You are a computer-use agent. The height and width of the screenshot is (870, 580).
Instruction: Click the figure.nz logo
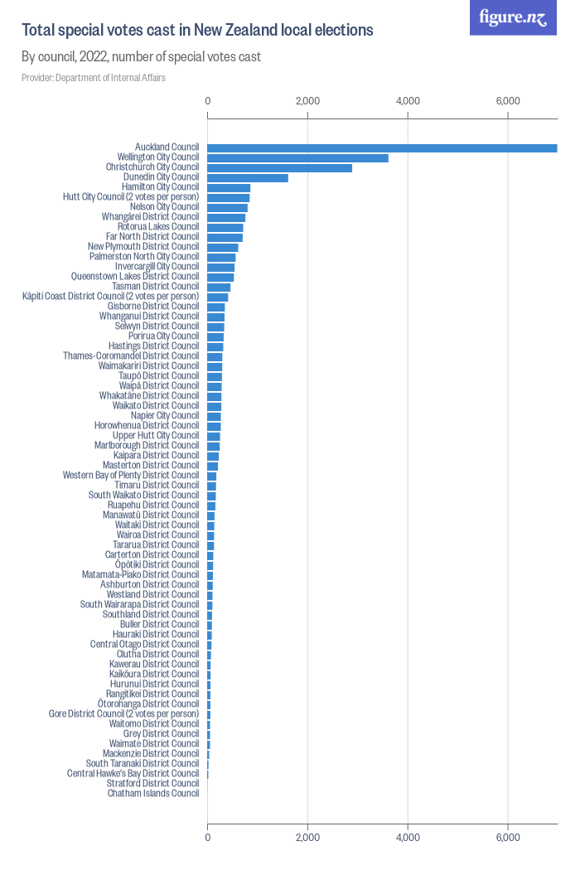click(513, 17)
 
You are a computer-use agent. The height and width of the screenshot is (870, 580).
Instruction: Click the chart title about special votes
click(197, 31)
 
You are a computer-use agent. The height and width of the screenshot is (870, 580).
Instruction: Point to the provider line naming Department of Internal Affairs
click(94, 78)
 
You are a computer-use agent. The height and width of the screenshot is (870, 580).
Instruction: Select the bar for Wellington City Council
click(297, 157)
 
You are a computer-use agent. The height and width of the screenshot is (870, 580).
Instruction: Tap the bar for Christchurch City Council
click(279, 167)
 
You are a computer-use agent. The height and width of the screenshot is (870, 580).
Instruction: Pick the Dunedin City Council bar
click(248, 177)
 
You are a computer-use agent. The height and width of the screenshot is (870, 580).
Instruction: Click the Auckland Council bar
click(381, 147)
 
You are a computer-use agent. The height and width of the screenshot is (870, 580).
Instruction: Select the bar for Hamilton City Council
click(229, 187)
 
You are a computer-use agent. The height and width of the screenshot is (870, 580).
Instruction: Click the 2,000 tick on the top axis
click(307, 101)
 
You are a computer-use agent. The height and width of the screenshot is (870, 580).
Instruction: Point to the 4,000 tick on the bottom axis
click(408, 838)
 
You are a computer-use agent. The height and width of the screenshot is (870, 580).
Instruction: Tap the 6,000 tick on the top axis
click(508, 101)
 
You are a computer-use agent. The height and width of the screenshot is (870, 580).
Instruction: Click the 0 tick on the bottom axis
click(207, 838)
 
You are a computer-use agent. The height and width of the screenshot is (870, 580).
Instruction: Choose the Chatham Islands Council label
click(153, 794)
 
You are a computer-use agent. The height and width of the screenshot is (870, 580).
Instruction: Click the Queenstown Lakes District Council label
click(135, 277)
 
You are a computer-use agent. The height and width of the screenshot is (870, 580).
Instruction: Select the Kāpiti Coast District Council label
click(110, 297)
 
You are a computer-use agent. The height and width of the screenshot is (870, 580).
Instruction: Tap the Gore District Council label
click(123, 714)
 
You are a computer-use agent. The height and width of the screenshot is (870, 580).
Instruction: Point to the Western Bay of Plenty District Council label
click(131, 476)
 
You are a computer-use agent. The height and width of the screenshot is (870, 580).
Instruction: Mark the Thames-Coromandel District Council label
click(131, 356)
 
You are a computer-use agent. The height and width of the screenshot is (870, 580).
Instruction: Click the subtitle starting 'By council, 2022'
click(141, 57)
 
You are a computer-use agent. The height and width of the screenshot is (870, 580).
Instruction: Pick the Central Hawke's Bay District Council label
click(133, 774)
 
